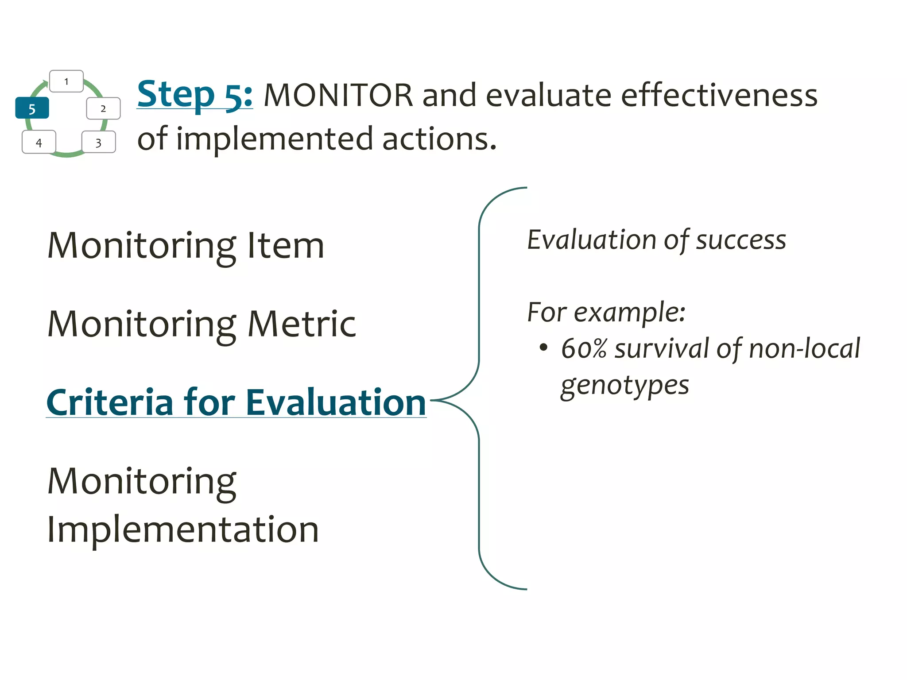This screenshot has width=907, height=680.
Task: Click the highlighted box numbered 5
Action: click(x=32, y=108)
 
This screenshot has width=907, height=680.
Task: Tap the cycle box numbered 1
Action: click(x=66, y=81)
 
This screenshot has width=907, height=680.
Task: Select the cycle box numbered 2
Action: click(x=103, y=108)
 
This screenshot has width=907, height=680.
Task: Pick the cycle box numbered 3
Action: click(x=98, y=142)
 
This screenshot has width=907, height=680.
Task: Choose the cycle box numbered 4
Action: click(x=39, y=142)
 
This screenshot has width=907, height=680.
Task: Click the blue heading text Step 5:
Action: click(x=194, y=94)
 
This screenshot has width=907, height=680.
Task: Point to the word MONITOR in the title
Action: click(x=338, y=95)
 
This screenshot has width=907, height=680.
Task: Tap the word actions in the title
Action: click(x=438, y=139)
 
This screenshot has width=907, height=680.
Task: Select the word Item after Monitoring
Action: click(x=286, y=246)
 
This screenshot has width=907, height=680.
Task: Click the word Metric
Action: click(x=302, y=325)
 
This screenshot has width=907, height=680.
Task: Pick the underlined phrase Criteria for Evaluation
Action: click(x=236, y=402)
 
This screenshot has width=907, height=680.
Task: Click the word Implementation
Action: click(x=183, y=530)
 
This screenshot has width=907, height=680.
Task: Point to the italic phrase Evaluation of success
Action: click(x=656, y=240)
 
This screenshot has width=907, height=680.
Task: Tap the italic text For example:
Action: click(x=606, y=313)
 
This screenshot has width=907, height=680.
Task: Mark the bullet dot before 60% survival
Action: click(x=543, y=347)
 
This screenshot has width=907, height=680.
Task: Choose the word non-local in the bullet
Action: click(x=804, y=348)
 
